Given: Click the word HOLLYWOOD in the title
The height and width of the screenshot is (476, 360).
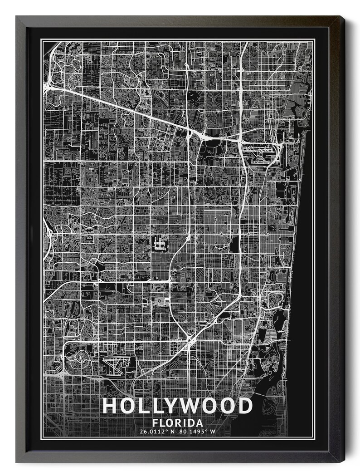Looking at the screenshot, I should click(177, 405).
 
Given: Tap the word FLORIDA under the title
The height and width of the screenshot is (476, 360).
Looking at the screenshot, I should click(178, 423).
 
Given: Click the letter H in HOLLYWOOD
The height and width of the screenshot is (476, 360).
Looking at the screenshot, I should click(110, 405).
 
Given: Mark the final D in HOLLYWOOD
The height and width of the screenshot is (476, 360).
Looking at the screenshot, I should click(245, 405).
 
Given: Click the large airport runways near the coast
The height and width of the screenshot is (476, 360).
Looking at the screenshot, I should click(260, 152).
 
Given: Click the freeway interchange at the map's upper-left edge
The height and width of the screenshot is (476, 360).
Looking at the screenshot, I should click(48, 84).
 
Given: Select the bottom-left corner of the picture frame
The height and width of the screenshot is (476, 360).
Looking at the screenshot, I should click(17, 461).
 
